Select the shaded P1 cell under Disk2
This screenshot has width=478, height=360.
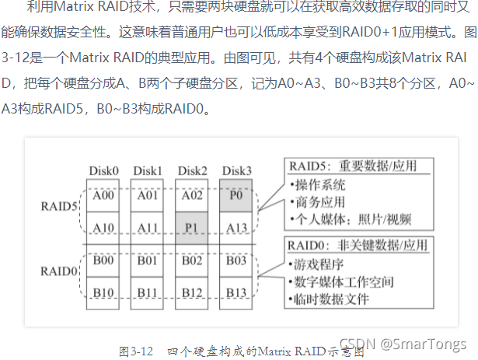coord(191,227)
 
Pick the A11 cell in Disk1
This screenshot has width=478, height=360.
coord(147,227)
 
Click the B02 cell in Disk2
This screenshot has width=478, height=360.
coord(191,260)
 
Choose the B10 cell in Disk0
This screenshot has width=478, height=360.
coord(103,293)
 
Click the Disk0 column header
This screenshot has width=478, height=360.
coord(103,170)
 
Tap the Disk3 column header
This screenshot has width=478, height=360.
coord(236,170)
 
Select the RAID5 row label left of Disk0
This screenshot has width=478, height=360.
coord(58,208)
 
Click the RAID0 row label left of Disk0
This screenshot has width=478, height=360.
coord(58,271)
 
